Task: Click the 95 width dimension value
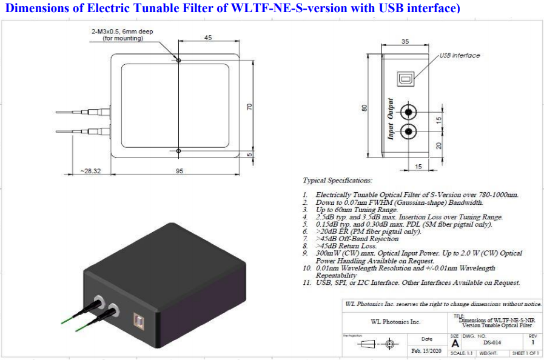tap(180, 171)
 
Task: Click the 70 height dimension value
tap(249, 106)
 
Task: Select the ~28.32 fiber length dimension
tap(90, 171)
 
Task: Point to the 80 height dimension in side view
tap(364, 107)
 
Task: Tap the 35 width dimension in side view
tap(405, 41)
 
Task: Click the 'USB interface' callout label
tap(459, 55)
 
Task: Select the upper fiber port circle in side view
tap(410, 112)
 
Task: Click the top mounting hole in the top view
tap(178, 60)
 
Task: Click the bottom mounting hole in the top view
tap(178, 151)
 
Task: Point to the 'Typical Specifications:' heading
tap(337, 181)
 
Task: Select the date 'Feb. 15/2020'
tap(426, 352)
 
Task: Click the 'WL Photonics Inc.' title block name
tap(395, 322)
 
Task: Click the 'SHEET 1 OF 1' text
tap(526, 353)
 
